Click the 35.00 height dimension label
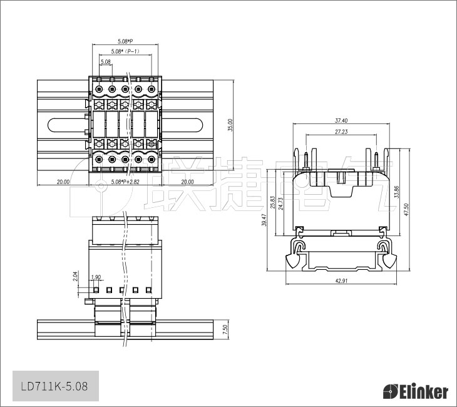pyautogui.click(x=230, y=125)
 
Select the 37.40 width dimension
pyautogui.click(x=341, y=120)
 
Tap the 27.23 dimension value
pyautogui.click(x=341, y=131)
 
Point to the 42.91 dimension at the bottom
pyautogui.click(x=341, y=281)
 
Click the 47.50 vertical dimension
pyautogui.click(x=406, y=209)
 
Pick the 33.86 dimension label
pyautogui.click(x=396, y=192)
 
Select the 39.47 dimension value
pyautogui.click(x=264, y=220)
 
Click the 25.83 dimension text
pyautogui.click(x=273, y=202)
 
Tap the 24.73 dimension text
pyautogui.click(x=280, y=203)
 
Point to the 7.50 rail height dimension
pyautogui.click(x=225, y=329)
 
